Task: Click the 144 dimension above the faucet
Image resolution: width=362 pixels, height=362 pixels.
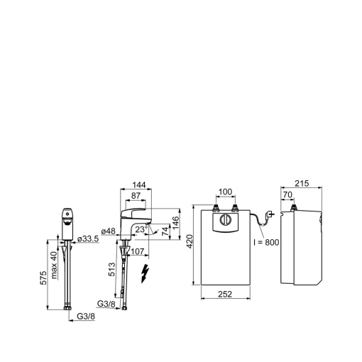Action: (x=139, y=185)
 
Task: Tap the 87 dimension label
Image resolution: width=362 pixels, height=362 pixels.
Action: (x=136, y=196)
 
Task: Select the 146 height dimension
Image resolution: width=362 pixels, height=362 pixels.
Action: (x=175, y=223)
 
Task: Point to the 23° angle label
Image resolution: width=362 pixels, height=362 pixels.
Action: (x=141, y=229)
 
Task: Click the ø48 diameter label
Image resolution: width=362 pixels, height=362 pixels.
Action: (x=109, y=231)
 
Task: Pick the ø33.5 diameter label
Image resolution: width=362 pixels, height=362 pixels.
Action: (x=88, y=239)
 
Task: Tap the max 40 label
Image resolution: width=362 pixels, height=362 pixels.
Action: (x=54, y=265)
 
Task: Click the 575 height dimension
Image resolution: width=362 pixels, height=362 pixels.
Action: (x=43, y=278)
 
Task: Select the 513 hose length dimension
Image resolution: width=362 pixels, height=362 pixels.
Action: (x=111, y=270)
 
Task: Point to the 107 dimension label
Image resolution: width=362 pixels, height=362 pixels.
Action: (x=137, y=251)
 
